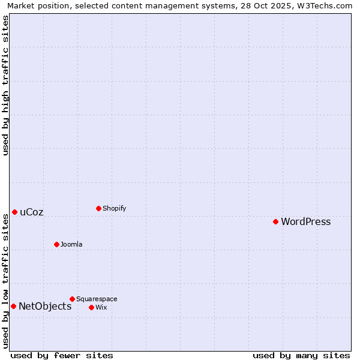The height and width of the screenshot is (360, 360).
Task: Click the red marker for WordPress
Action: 275,221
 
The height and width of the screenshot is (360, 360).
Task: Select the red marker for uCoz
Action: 14,212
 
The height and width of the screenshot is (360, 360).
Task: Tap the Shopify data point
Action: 98,208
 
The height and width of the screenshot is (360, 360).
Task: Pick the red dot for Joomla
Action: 56,244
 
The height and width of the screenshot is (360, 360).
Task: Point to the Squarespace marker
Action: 72,299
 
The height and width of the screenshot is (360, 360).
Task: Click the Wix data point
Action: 91,307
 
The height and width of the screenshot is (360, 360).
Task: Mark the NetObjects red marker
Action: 13,306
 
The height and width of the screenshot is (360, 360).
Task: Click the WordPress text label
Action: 305,222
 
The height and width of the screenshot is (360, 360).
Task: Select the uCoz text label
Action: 32,212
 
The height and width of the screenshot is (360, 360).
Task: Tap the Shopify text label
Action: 114,209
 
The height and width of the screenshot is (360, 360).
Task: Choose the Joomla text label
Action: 71,245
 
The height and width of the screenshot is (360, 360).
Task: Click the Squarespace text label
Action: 97,299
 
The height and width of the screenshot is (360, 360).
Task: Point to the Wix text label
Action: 101,308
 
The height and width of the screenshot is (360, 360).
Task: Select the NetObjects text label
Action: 45,307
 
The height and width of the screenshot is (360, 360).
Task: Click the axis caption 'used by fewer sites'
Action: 62,356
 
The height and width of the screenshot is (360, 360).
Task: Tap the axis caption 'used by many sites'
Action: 301,356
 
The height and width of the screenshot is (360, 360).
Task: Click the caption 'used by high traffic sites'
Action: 6,85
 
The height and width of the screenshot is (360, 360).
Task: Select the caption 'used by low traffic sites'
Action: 6,281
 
